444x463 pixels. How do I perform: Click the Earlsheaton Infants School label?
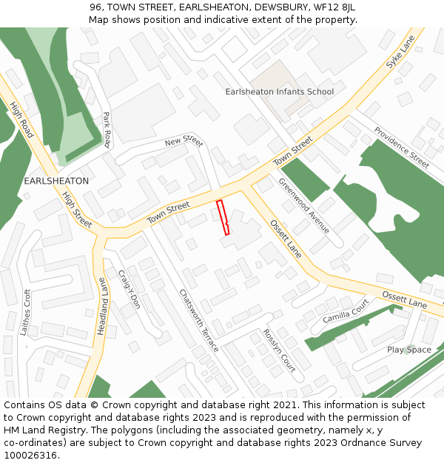tap(279, 92)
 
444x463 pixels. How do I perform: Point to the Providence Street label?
tap(401, 147)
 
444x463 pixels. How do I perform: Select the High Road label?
tap(22, 120)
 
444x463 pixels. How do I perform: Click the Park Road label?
tap(107, 130)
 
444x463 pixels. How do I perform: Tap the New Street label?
tap(184, 141)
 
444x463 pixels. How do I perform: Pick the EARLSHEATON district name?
tap(56, 181)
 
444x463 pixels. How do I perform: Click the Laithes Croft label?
tap(27, 312)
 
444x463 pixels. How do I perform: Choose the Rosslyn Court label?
tap(279, 350)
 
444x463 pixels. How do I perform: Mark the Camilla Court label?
tap(345, 312)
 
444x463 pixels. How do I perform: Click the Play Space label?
tap(408, 350)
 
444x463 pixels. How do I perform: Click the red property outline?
tap(223, 217)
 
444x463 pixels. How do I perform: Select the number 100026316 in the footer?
tap(31, 456)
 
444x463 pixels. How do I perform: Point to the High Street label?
tap(77, 210)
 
